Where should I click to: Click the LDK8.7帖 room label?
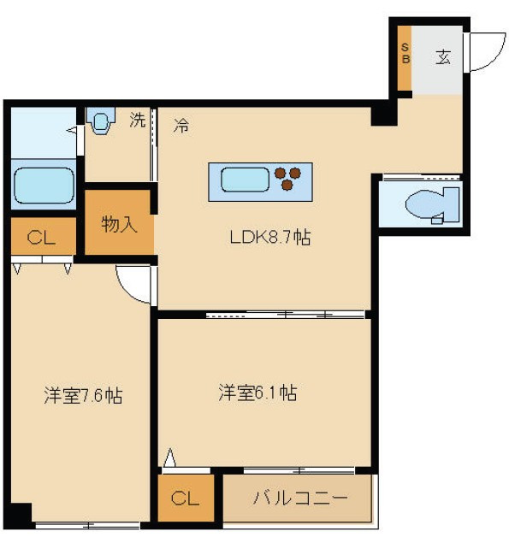pos(270,237)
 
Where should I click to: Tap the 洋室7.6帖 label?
pos(83,396)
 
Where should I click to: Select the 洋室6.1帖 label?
pos(257,392)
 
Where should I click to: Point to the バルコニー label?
pos(300,498)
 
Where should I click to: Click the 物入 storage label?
pos(119,225)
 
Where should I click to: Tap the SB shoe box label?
pos(405,53)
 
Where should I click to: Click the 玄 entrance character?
pos(443,56)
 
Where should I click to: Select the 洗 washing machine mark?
pos(138,120)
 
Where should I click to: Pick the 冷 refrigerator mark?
pos(181,125)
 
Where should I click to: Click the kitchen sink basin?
pos(245,180)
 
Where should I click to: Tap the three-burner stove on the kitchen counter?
pos(287,178)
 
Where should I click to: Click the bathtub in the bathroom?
pos(44,186)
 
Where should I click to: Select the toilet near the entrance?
pos(432,205)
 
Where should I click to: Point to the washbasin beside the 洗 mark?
pos(101,121)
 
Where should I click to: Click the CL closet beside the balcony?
pos(186,498)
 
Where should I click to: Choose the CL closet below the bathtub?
pos(43,236)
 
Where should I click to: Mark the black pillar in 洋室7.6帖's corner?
pos(21,514)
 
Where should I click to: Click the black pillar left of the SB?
pos(383,113)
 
